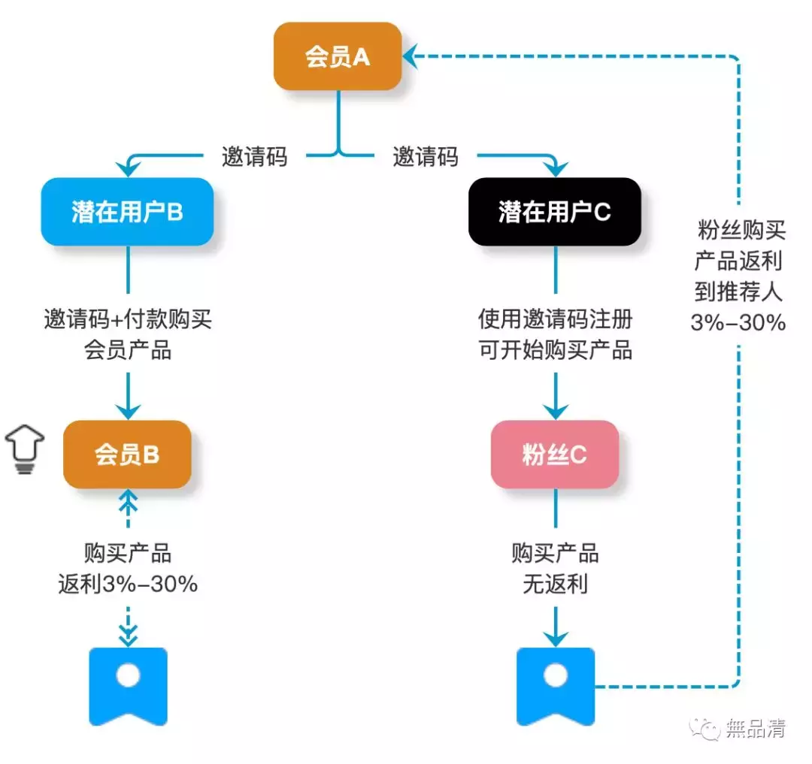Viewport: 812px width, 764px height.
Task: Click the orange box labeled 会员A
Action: pos(338,57)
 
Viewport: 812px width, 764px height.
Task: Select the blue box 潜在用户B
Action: pos(127,212)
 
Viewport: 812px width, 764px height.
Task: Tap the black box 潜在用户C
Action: pos(554,212)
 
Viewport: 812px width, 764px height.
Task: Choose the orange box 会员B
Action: pos(127,454)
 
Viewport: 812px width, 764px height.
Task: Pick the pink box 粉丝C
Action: pos(554,454)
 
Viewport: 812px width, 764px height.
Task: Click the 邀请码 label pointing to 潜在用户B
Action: pos(254,157)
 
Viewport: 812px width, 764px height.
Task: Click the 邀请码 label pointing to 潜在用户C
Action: pos(425,157)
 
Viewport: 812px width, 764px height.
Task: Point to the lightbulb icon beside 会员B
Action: pos(24,449)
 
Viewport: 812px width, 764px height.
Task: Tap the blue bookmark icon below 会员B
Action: pos(128,684)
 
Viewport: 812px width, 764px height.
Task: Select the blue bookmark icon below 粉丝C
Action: pos(556,684)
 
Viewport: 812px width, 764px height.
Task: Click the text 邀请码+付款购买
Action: pos(128,320)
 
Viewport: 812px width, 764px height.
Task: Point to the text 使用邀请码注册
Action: pos(556,320)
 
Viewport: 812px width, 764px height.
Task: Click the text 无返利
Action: pos(555,584)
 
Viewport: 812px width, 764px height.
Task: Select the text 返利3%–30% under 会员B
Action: pos(128,584)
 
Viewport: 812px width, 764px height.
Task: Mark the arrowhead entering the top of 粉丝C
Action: pos(555,411)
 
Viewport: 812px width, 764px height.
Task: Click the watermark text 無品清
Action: pos(756,728)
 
